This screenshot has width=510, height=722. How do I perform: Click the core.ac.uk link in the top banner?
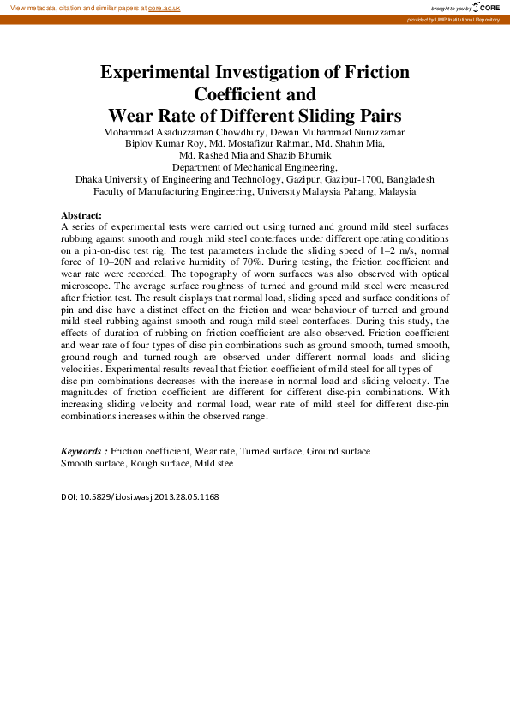click(164, 7)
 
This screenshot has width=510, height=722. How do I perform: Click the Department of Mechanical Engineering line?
click(255, 168)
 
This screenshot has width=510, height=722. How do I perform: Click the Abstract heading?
click(81, 214)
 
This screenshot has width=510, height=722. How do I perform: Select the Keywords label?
click(83, 451)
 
